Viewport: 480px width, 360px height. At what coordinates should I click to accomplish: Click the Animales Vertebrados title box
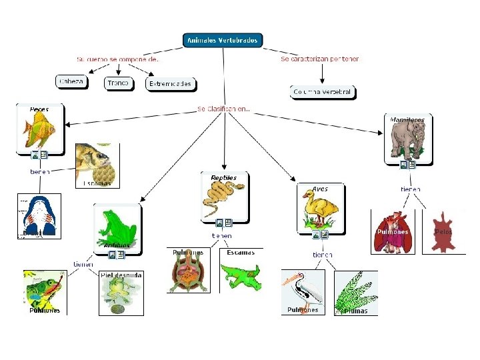[x=223, y=40]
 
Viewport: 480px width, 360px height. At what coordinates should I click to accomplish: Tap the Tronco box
[x=119, y=83]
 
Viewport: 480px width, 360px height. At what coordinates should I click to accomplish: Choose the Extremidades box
[x=170, y=84]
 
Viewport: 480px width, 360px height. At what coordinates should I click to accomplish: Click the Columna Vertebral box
[x=323, y=92]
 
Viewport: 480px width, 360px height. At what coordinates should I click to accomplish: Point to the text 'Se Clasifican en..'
[x=224, y=109]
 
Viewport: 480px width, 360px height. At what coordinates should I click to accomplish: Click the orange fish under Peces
[x=38, y=129]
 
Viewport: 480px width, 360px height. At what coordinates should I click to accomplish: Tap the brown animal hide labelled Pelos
[x=443, y=233]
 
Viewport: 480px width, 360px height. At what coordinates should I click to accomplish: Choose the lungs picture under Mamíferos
[x=393, y=232]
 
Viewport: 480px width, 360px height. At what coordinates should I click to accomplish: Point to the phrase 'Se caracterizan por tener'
[x=320, y=59]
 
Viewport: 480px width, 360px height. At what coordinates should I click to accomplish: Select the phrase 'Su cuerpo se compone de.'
[x=117, y=59]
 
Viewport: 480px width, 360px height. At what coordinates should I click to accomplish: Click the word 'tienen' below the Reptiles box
[x=222, y=235]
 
